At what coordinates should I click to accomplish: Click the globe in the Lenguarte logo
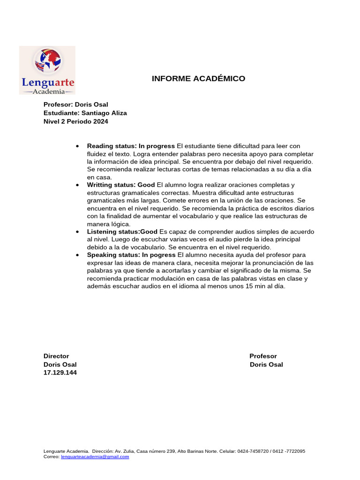pos(47,61)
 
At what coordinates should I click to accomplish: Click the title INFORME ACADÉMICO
pos(198,79)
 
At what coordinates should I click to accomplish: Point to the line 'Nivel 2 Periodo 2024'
pos(75,121)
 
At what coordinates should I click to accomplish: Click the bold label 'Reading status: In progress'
pos(131,146)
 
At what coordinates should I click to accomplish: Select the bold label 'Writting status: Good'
pos(121,185)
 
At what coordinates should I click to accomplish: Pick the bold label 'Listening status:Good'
pos(122,232)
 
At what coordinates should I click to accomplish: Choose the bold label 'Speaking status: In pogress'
pos(131,255)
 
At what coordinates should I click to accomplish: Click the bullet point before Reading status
pos(77,146)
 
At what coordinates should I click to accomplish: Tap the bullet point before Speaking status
pos(77,255)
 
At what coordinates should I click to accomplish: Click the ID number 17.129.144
pos(60,373)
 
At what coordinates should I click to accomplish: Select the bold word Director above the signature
pos(56,356)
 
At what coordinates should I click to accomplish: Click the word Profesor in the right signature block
pos(263,356)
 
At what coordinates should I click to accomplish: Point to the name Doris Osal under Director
pos(60,365)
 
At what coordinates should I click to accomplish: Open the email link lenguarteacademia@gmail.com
pos(95,457)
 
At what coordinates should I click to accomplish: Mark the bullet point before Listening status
pos(77,232)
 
